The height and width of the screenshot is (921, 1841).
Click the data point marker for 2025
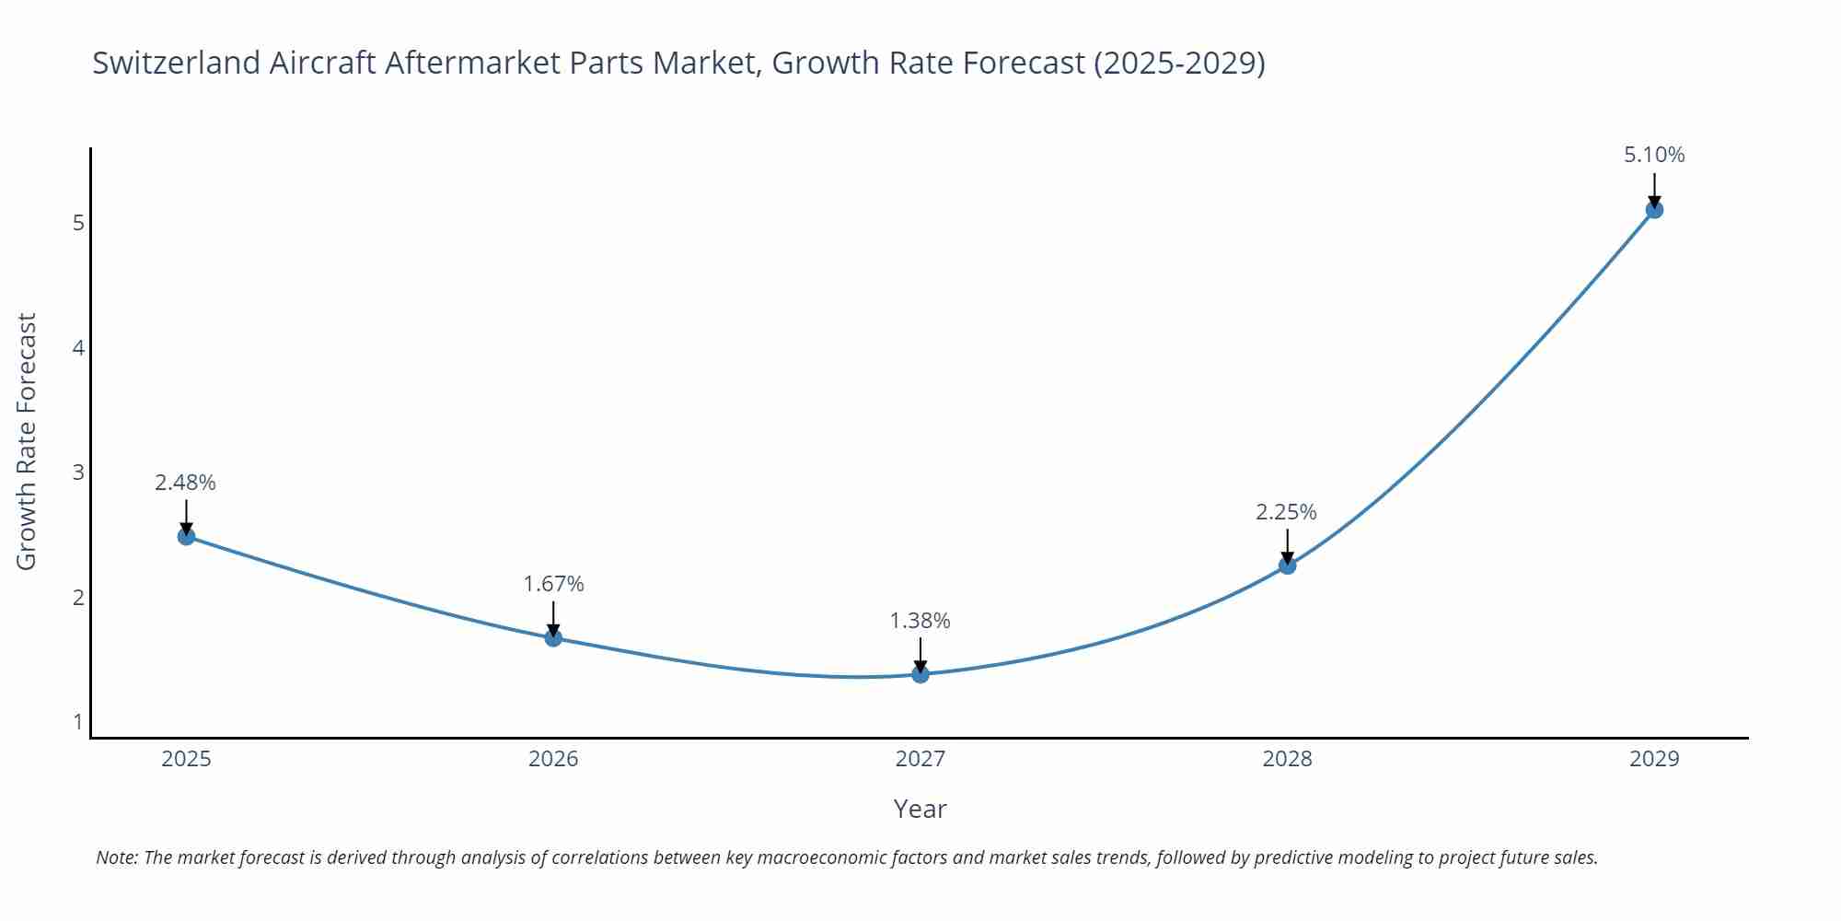(x=186, y=536)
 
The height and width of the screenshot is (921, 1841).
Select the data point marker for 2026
(x=553, y=637)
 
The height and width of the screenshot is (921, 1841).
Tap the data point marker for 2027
(x=920, y=674)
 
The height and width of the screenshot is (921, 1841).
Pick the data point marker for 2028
(x=1287, y=565)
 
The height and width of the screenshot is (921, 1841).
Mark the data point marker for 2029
(x=1654, y=210)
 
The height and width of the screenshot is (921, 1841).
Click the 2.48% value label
(x=185, y=483)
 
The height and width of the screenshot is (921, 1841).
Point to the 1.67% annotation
(x=553, y=584)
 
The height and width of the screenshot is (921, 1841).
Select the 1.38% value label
(x=920, y=621)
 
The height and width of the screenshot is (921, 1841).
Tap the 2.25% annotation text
(x=1286, y=512)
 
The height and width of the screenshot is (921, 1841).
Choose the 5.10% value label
(x=1654, y=155)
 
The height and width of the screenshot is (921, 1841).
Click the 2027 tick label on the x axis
(x=920, y=759)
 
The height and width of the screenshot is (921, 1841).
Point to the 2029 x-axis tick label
(x=1654, y=759)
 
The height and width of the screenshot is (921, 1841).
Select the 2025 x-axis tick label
(x=186, y=759)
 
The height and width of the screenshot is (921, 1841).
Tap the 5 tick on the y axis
(x=78, y=223)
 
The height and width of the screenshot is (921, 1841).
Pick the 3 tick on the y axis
(x=78, y=472)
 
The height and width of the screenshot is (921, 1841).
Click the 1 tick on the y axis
(x=78, y=721)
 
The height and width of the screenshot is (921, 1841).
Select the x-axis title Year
(x=920, y=809)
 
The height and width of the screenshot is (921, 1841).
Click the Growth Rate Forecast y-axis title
(x=27, y=442)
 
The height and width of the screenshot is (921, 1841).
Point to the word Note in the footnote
(x=117, y=857)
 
